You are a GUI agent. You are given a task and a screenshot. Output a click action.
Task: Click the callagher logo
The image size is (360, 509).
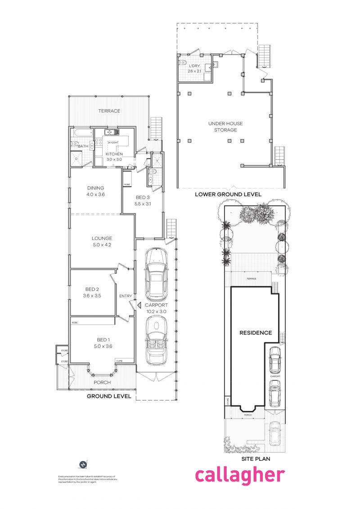[x=239, y=475]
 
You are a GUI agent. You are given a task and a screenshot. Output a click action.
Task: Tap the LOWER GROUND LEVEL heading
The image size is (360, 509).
[x=228, y=194]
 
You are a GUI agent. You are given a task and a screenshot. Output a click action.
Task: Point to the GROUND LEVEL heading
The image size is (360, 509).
[x=109, y=396]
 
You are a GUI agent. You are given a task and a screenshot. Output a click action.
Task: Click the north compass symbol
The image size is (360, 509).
[x=83, y=464]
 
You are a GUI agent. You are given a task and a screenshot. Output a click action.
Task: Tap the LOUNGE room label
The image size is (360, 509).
[x=102, y=238]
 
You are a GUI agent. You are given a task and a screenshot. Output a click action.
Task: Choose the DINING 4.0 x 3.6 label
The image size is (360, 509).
[x=95, y=191]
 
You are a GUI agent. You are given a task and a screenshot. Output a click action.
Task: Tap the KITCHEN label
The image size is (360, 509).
[x=114, y=154]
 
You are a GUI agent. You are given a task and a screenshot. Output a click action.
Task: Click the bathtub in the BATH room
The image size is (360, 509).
[x=81, y=133]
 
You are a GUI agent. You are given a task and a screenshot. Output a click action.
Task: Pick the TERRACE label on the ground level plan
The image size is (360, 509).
[x=109, y=111]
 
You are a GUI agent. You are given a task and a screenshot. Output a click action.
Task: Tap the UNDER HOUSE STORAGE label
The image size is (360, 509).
[x=222, y=126]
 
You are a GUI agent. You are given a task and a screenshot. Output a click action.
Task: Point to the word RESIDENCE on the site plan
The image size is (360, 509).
[x=255, y=333]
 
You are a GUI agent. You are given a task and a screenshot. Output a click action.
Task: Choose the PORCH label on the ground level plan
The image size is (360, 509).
[x=102, y=383]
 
